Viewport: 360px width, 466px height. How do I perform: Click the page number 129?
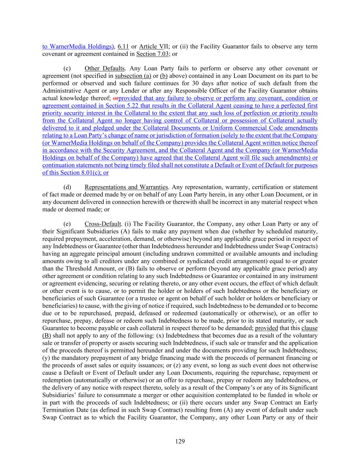(x=180, y=441)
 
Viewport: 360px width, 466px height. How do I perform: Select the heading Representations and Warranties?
(x=126, y=187)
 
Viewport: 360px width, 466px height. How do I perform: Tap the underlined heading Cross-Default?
(x=103, y=224)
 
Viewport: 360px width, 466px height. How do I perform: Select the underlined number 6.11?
(x=123, y=46)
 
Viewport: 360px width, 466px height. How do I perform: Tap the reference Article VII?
(x=153, y=46)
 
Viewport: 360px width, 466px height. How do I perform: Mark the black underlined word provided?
(x=267, y=328)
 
